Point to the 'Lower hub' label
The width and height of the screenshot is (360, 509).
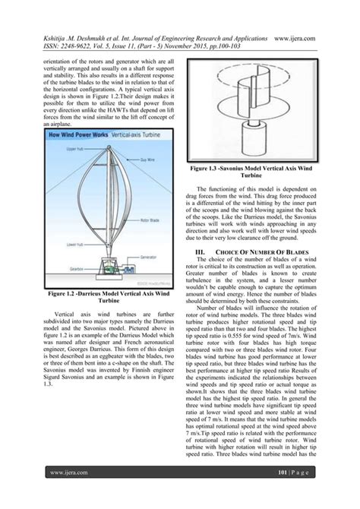click(x=74, y=245)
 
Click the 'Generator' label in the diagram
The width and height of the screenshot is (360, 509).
click(x=149, y=258)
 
